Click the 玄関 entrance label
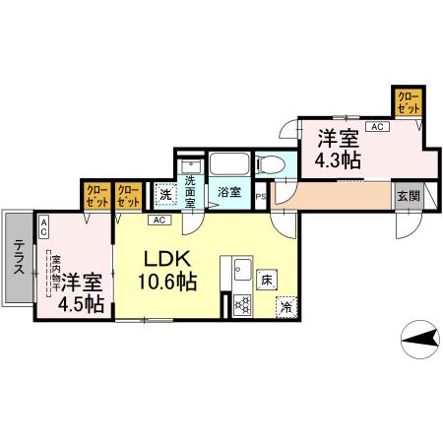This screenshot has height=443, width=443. click(x=407, y=195)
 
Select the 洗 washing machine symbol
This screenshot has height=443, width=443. click(x=166, y=194)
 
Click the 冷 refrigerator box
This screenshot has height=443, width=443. click(x=285, y=306)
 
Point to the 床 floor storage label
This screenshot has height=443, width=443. click(x=266, y=280)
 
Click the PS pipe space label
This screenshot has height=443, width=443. click(x=260, y=196)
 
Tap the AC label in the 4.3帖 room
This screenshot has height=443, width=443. click(x=377, y=127)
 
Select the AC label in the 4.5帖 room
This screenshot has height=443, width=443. click(x=44, y=225)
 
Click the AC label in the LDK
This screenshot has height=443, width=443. click(x=158, y=220)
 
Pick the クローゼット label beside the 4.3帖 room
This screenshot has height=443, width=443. click(x=407, y=101)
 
